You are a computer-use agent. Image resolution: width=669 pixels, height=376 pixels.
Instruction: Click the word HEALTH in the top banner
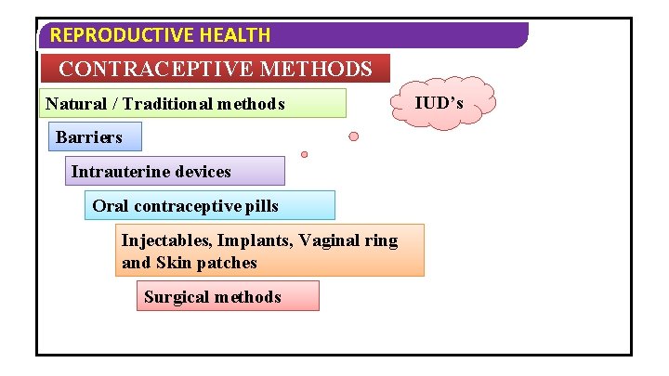[238, 35]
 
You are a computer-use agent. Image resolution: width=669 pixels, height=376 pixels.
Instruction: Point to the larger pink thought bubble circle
[353, 136]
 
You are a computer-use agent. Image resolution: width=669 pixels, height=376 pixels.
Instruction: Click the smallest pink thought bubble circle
[304, 154]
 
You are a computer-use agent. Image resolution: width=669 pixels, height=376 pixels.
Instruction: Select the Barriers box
[96, 136]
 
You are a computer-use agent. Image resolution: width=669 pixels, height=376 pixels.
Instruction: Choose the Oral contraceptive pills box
[209, 205]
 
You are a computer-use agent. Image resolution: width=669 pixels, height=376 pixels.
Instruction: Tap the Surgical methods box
[227, 296]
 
